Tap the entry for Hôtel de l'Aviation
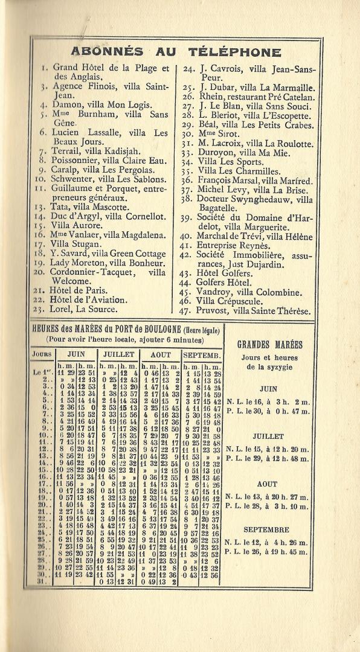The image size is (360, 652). coord(88,299)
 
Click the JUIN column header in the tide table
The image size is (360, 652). coord(76,354)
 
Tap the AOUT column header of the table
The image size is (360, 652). coord(160,354)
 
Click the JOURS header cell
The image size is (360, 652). coord(42,354)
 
